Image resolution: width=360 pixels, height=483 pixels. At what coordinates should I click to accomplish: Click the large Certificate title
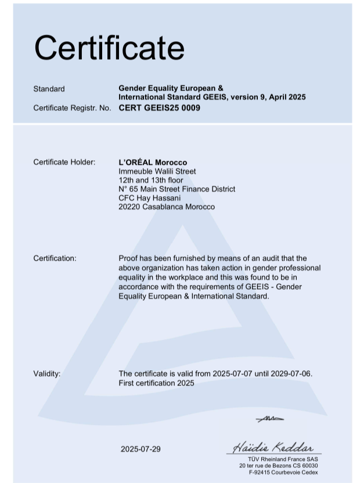click(109, 48)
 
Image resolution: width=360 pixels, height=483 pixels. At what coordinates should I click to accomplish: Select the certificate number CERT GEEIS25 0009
click(159, 107)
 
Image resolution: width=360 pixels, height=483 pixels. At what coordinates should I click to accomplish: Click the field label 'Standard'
click(49, 89)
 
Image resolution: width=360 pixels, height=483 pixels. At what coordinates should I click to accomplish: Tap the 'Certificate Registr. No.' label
click(72, 107)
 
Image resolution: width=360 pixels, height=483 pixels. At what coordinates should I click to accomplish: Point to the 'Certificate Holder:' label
click(64, 162)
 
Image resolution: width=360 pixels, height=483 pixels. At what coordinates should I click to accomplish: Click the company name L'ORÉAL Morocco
click(153, 162)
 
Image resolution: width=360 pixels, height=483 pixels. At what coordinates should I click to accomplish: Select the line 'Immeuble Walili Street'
click(157, 171)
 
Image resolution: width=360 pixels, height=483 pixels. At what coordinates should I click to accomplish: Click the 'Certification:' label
click(55, 258)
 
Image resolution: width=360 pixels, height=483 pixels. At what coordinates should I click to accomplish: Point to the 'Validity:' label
click(46, 373)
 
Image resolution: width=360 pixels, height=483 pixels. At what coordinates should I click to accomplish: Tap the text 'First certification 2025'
click(157, 383)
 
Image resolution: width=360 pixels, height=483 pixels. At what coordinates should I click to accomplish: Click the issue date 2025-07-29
click(141, 449)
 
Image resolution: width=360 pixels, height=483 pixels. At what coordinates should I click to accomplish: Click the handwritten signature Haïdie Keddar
click(273, 448)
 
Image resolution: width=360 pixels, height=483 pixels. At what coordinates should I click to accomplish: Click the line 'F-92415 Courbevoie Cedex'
click(283, 473)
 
